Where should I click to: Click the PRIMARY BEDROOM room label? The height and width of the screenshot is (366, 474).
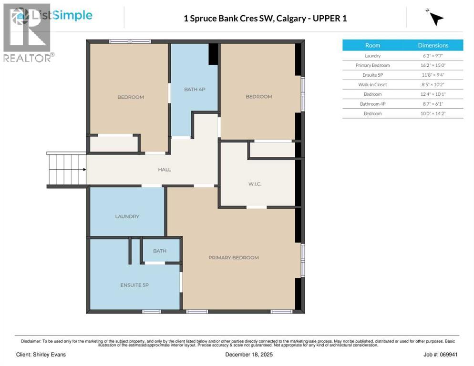(233, 258)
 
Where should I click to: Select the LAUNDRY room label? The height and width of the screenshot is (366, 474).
(127, 216)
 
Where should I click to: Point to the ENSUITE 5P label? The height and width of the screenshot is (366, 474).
(134, 285)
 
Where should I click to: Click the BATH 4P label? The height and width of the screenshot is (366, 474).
(195, 89)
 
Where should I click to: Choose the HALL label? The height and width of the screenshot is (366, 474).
(165, 170)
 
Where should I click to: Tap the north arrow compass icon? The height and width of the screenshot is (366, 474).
(435, 19)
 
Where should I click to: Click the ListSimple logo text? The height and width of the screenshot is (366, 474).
(62, 15)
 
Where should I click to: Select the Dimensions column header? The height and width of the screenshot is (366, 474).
(433, 45)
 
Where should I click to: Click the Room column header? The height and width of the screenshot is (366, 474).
(372, 45)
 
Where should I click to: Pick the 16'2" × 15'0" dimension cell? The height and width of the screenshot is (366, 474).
(433, 65)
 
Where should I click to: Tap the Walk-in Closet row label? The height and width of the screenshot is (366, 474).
(372, 84)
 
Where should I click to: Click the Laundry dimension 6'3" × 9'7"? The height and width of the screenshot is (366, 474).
(433, 56)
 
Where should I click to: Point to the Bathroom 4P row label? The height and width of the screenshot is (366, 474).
(372, 103)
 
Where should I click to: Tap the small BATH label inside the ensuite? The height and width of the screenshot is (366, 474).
(159, 251)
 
